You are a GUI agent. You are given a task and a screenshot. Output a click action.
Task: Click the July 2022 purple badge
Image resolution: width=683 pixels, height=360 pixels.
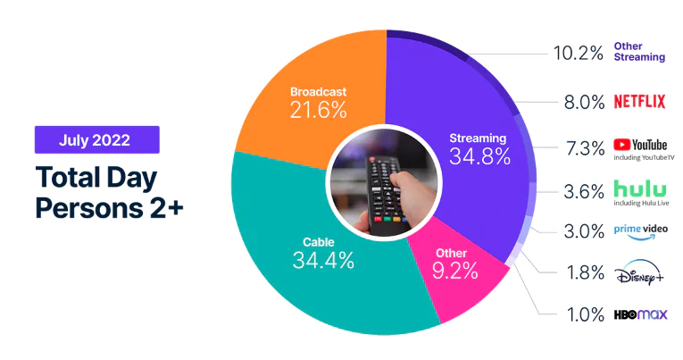96,139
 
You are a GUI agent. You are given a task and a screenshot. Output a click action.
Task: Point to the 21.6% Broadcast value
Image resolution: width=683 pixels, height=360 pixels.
318,110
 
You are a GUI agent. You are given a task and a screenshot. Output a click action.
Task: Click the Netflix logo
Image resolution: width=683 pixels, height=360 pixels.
639,101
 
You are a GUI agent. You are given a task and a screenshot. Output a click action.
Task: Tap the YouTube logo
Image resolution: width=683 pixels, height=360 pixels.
640,145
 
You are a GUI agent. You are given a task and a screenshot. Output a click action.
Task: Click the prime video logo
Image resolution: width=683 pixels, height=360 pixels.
640,230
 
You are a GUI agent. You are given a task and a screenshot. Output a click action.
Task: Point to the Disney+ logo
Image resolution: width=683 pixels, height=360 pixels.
639,273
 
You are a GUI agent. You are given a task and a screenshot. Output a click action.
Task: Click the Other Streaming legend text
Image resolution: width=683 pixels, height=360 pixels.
639,51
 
